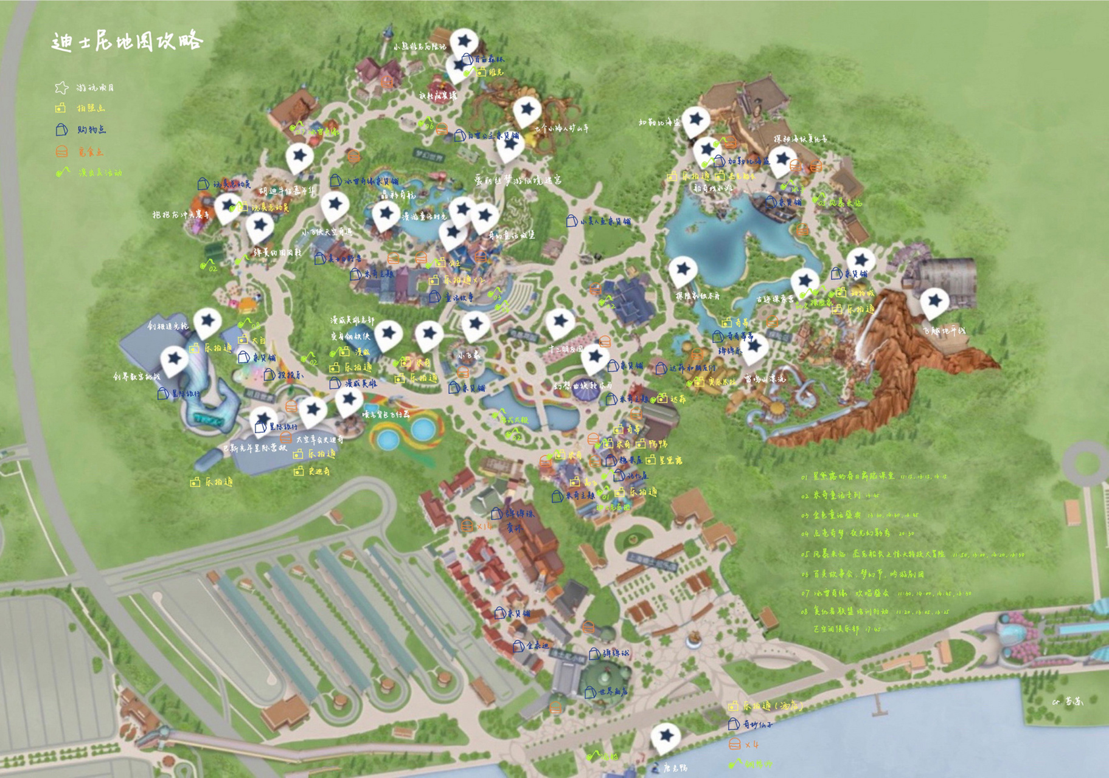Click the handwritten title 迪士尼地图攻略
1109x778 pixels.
[127, 41]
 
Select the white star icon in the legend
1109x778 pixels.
[61, 88]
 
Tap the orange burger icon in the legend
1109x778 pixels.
[61, 151]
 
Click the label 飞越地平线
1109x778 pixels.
[944, 331]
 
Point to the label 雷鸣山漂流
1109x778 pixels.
[765, 379]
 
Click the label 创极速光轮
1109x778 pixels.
[167, 326]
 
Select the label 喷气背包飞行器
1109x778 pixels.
[386, 414]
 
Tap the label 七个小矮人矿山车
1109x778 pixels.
[561, 128]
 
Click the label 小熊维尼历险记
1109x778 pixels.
[419, 46]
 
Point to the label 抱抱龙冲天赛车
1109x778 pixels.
[181, 215]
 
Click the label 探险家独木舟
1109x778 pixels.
[697, 296]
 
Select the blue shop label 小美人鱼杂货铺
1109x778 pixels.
[605, 222]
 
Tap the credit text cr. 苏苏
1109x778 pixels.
[1068, 701]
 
